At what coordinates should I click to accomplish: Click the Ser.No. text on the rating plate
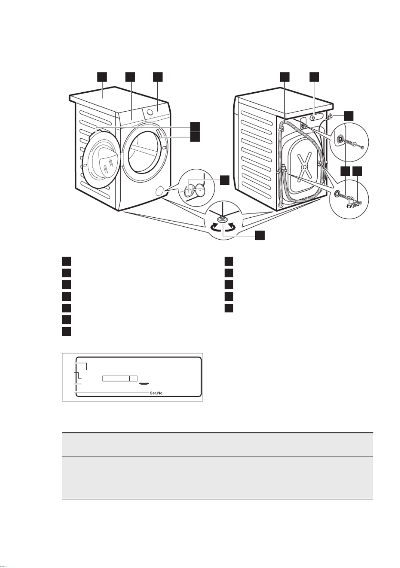[156, 393]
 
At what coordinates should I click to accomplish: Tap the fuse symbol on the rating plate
[144, 385]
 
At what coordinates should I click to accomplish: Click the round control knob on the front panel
[149, 111]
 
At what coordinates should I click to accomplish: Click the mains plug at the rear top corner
[330, 117]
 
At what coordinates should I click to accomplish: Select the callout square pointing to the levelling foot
[260, 235]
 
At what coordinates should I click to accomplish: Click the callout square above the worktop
[102, 77]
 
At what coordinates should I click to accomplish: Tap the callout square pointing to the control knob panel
[157, 77]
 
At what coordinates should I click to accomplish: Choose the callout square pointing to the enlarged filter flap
[225, 180]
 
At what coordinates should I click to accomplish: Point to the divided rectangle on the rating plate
[119, 378]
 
